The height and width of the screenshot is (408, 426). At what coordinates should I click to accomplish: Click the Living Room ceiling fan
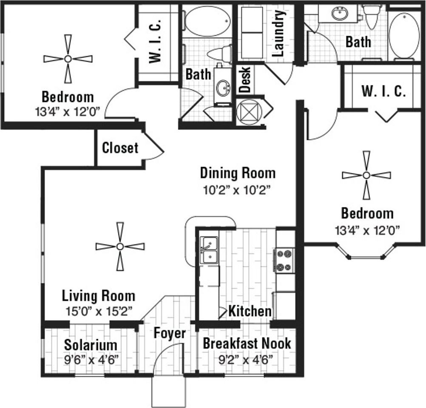click(120, 246)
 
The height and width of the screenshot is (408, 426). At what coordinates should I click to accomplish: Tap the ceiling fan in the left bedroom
click(68, 59)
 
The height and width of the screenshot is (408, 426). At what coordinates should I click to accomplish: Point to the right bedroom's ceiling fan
click(366, 176)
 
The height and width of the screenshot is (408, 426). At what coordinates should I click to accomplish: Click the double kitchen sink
click(209, 250)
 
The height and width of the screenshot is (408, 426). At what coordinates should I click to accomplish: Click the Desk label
click(245, 79)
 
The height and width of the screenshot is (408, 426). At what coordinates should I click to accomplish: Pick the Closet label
click(120, 148)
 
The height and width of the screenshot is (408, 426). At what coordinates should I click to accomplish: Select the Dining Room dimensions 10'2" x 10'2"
click(238, 190)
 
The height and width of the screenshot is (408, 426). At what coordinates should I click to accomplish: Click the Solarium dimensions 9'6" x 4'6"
click(91, 360)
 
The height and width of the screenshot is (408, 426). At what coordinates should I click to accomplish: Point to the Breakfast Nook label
click(247, 343)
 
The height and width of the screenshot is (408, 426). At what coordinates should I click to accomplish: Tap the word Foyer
click(170, 333)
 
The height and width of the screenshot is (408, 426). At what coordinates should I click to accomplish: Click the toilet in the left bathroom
click(219, 54)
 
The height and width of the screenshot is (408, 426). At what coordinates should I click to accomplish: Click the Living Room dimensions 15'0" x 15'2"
click(99, 311)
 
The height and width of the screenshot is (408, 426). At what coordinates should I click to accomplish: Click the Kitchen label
click(250, 311)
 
